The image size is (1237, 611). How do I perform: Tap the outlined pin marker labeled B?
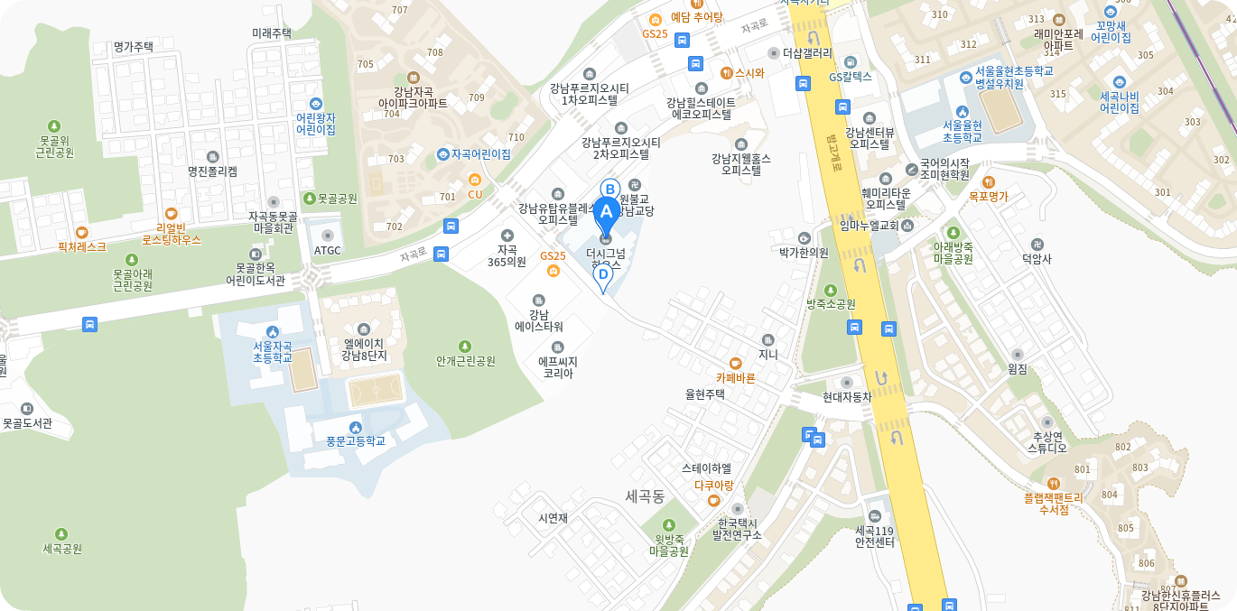[x=609, y=189]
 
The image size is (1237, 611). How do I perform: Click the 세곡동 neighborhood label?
[x=645, y=495]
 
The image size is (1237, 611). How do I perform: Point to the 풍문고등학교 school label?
[x=356, y=440]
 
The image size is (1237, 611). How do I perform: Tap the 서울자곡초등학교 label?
[x=273, y=351]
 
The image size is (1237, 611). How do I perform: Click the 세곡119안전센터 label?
[x=874, y=536]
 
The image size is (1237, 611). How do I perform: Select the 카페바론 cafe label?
[x=735, y=377]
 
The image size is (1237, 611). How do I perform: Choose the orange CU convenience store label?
[x=475, y=194]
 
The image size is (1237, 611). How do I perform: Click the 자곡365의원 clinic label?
[x=507, y=255]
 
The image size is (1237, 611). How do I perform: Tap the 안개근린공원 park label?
[x=465, y=360]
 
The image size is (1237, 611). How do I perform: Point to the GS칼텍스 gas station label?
[x=851, y=77]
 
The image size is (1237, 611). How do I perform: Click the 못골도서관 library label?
[x=27, y=421]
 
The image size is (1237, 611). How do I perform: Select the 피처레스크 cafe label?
[x=82, y=245]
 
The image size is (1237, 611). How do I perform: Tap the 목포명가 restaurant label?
[x=988, y=195]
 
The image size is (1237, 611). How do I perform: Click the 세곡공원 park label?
[x=61, y=548]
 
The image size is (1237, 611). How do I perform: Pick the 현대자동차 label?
[x=847, y=396]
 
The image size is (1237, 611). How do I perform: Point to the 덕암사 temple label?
[x=1037, y=258]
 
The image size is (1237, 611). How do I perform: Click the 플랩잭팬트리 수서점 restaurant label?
[x=1053, y=503]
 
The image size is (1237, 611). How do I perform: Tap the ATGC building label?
[x=327, y=250]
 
